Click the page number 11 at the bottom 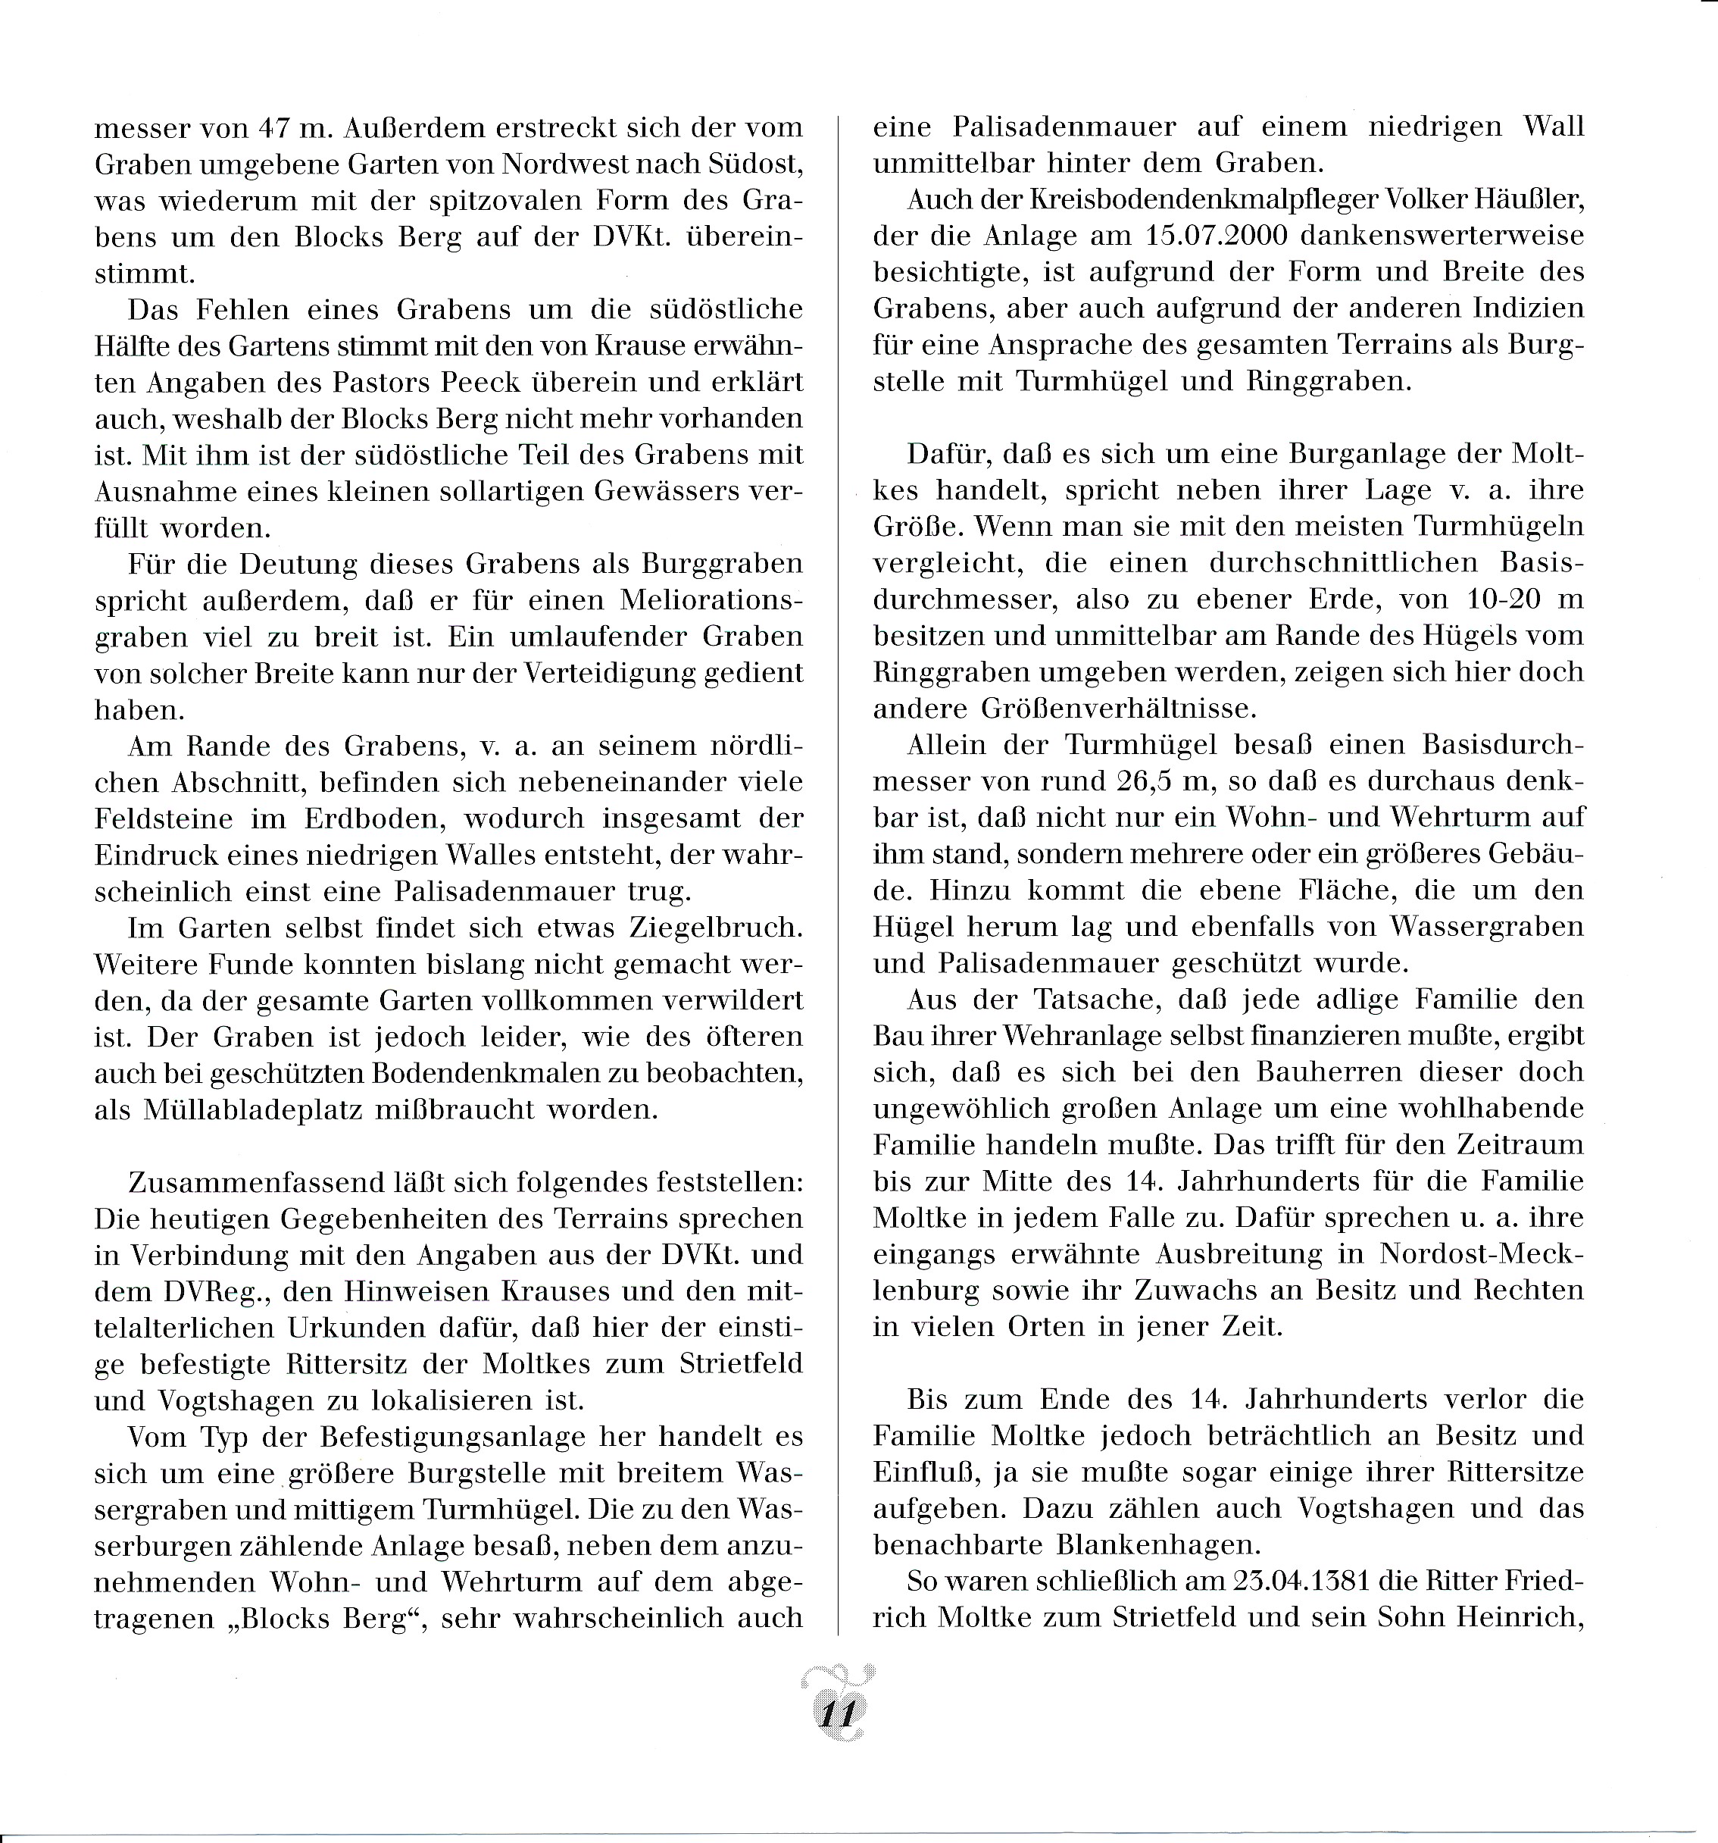pyautogui.click(x=836, y=1713)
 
